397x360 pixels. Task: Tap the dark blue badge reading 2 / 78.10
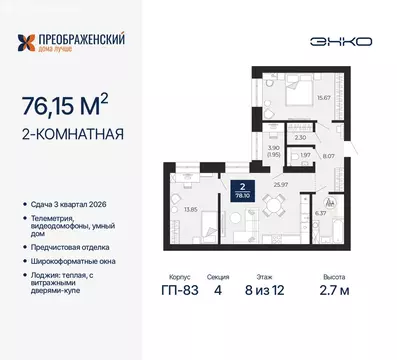(x=241, y=192)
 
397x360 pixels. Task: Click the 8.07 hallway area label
(x=328, y=157)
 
